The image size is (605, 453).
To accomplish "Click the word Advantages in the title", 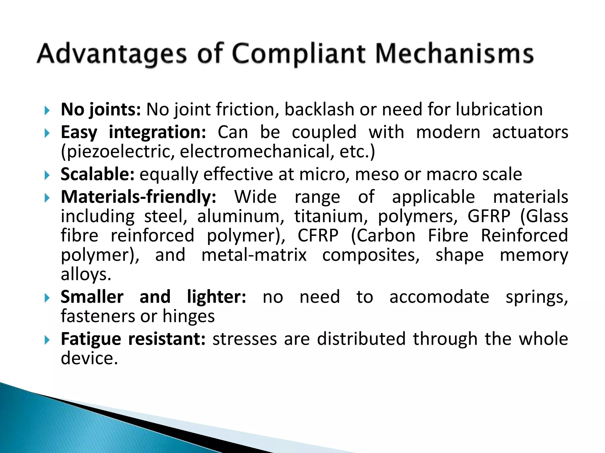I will coord(112,54).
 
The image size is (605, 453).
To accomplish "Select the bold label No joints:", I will coord(101,110).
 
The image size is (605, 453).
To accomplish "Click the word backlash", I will coord(319,110).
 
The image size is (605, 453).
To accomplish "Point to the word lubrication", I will coord(499,110).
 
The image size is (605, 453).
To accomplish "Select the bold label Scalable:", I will coord(97,174).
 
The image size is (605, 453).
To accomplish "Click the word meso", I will coord(377,174).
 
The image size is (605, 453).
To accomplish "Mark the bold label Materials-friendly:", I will coord(138,197).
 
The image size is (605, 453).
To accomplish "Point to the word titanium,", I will coord(331,216).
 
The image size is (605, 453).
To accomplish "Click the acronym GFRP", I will coord(489,216).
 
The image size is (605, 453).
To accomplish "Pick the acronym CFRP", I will coord(318,236).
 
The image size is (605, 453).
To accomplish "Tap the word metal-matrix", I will coord(254,255).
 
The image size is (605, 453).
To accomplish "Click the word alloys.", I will coord(86,275).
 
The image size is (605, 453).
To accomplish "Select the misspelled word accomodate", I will coord(439,297).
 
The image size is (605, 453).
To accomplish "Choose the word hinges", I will coord(188,316).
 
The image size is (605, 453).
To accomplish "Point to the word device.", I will coord(89,358).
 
